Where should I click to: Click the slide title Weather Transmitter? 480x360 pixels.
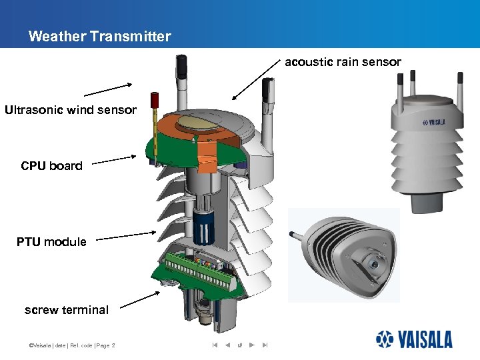(x=99, y=37)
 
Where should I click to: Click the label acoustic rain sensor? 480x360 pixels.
(x=343, y=62)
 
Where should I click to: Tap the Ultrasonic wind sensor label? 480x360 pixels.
(x=71, y=110)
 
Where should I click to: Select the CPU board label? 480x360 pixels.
(x=51, y=166)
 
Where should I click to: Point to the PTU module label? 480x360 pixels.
(x=51, y=242)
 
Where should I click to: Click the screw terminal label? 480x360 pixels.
(x=66, y=310)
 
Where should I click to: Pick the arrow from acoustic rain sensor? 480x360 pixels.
(x=256, y=79)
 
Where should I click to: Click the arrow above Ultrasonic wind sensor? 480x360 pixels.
(x=107, y=89)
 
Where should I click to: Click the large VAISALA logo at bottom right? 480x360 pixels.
(x=413, y=339)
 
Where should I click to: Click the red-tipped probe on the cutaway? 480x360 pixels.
(x=154, y=101)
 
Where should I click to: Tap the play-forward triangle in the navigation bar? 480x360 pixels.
(x=251, y=345)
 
